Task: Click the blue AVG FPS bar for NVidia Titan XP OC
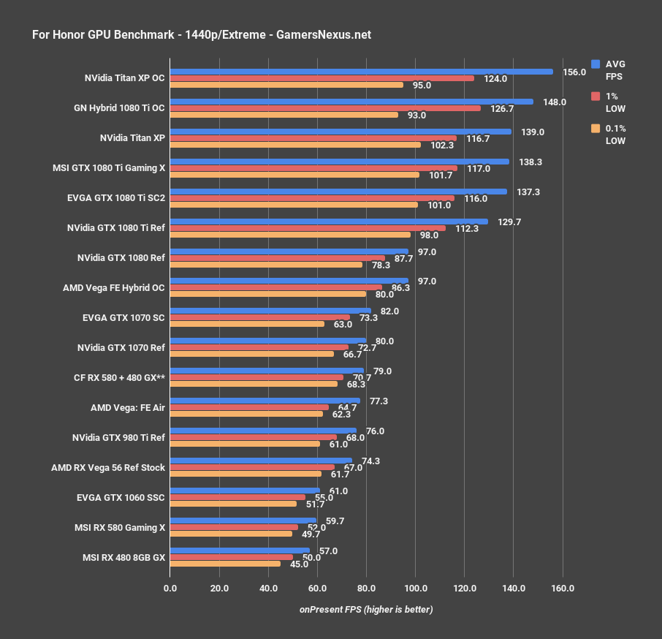[361, 72]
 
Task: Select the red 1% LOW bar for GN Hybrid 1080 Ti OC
[325, 108]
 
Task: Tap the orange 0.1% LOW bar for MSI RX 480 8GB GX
[225, 564]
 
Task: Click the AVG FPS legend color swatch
[596, 64]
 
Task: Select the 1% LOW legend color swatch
[596, 97]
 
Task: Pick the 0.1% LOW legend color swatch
[596, 129]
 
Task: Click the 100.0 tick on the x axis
[415, 588]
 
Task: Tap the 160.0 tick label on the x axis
[563, 588]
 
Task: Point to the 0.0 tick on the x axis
[170, 588]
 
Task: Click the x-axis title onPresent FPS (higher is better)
[365, 610]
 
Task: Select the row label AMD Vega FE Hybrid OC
[114, 288]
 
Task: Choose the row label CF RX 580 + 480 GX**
[120, 378]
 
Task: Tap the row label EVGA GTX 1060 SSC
[121, 498]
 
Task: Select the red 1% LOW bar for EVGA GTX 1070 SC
[260, 318]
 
